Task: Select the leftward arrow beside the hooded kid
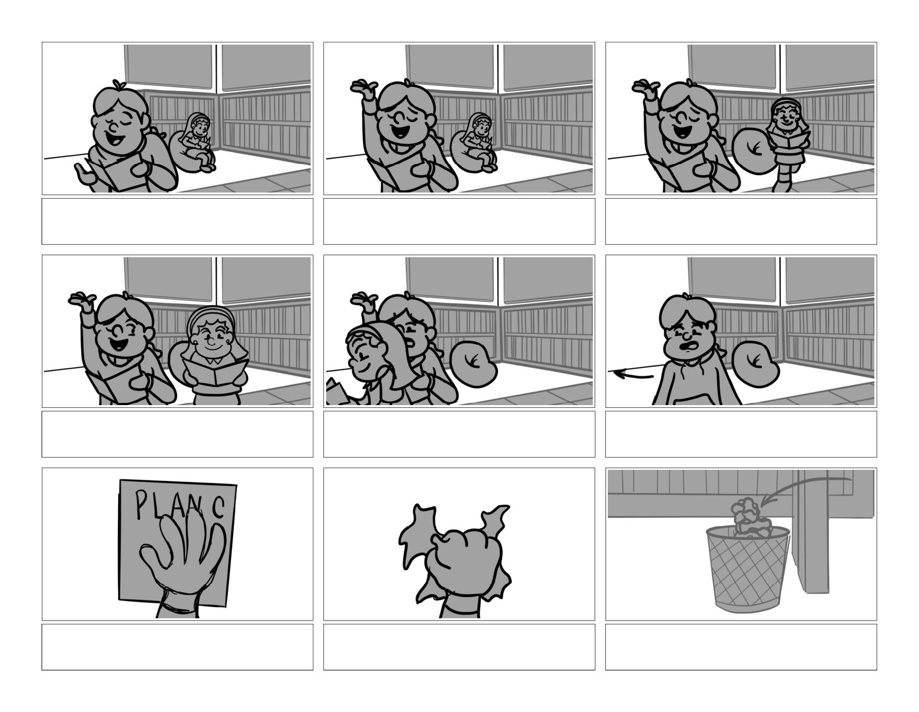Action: point(633,374)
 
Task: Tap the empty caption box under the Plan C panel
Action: point(177,647)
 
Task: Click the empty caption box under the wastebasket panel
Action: point(741,647)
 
